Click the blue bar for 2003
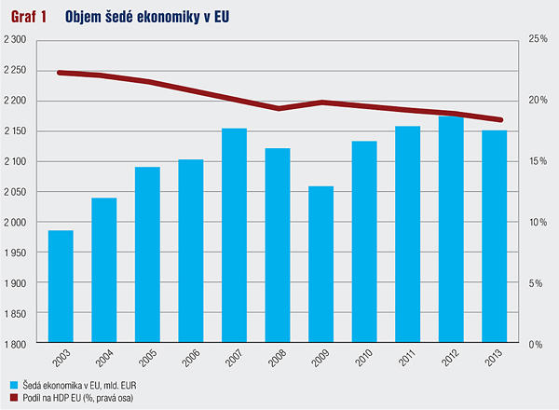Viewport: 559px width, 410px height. click(x=61, y=287)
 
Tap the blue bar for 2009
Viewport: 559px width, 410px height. click(x=320, y=265)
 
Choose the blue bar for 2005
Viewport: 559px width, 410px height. click(x=147, y=255)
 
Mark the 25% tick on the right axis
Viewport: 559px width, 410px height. click(x=538, y=39)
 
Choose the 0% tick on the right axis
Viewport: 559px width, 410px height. click(x=536, y=344)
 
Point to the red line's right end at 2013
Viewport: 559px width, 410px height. click(x=501, y=119)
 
